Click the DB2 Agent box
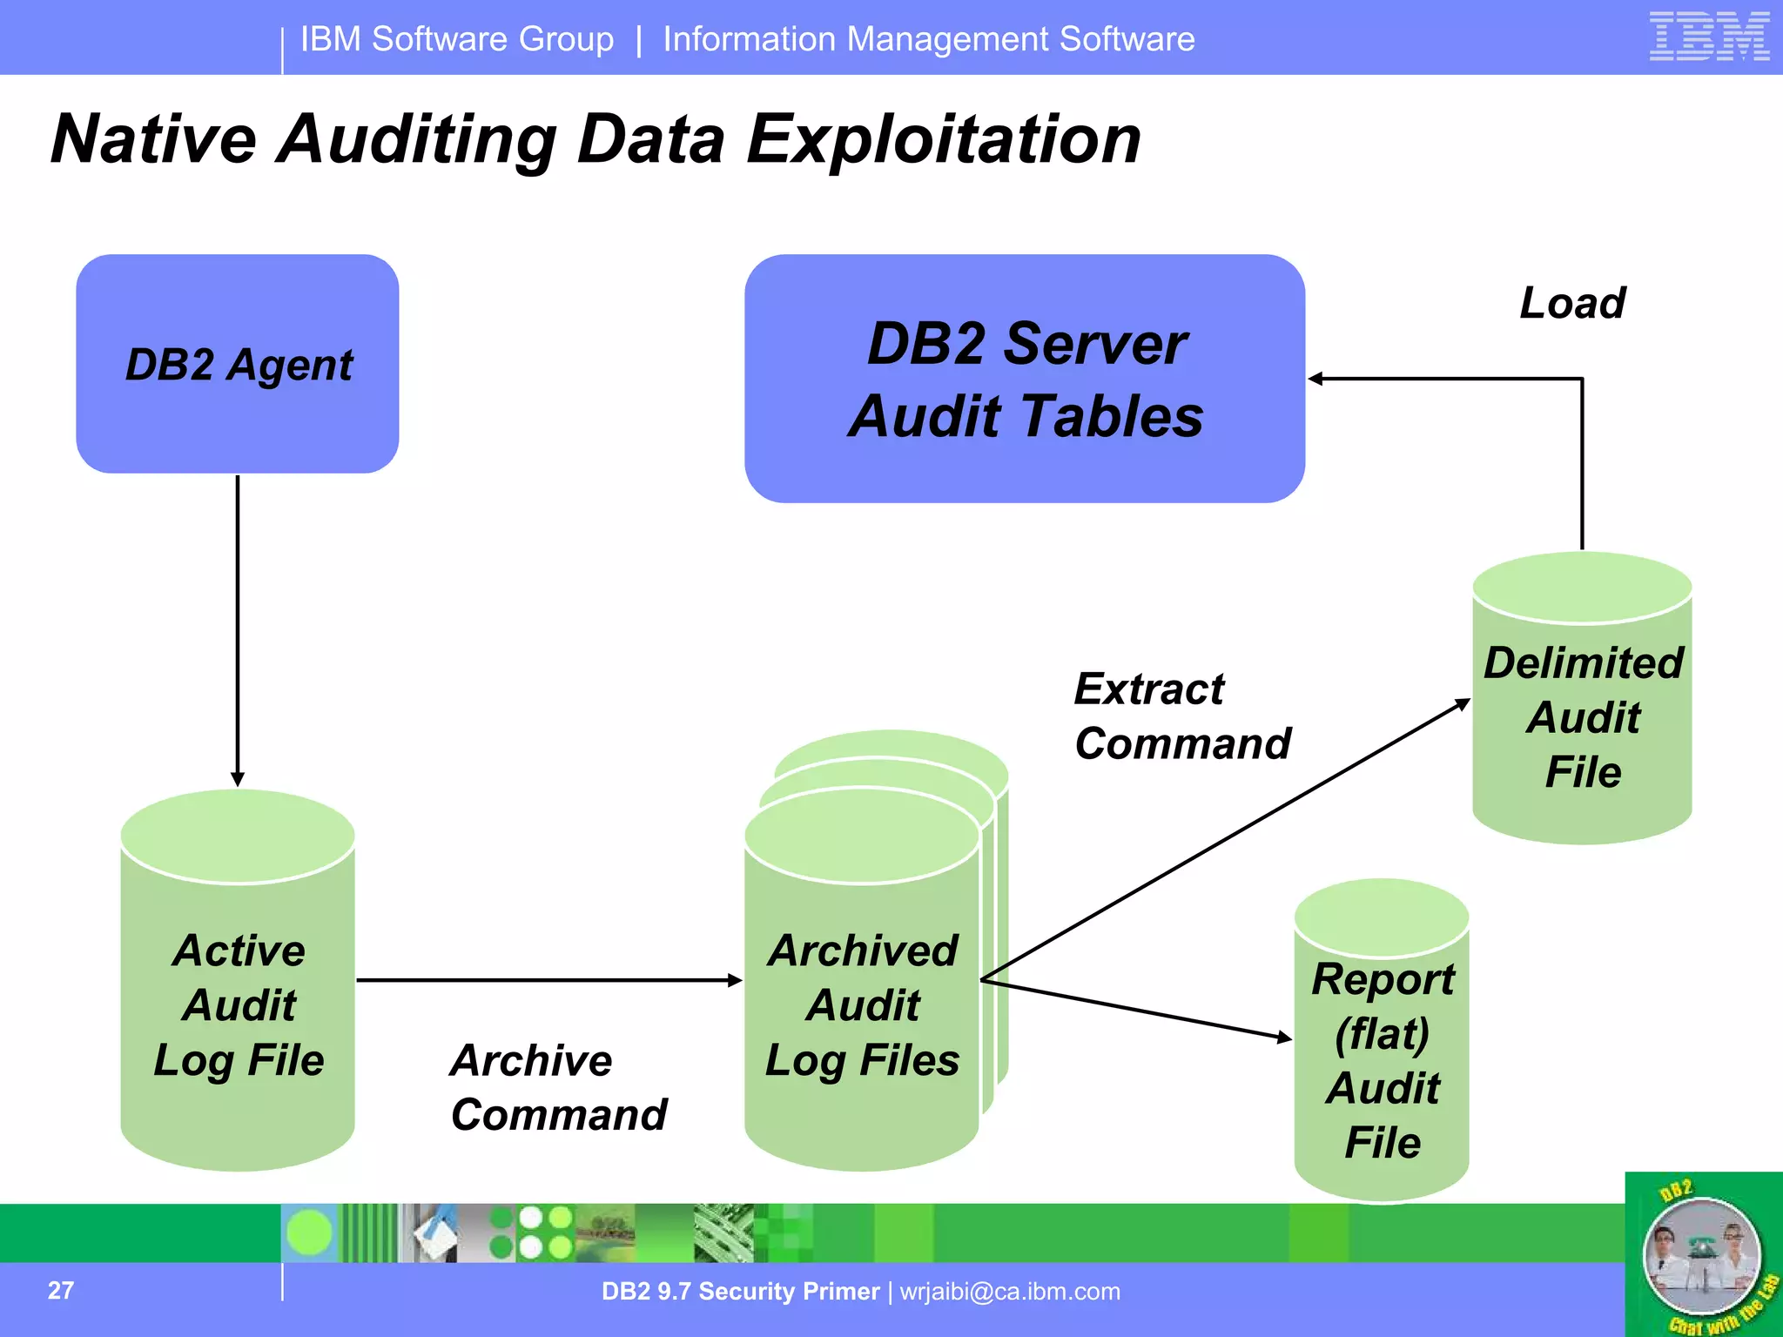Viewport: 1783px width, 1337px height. [x=238, y=364]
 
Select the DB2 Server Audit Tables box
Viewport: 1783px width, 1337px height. [x=1025, y=379]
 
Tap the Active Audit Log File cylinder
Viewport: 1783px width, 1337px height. [x=238, y=1001]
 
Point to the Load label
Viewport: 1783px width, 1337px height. [x=1572, y=303]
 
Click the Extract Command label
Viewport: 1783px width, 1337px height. [x=1181, y=716]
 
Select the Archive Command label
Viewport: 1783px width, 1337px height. [x=558, y=1087]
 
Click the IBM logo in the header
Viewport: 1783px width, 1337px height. [x=1709, y=37]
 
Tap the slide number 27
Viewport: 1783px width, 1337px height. [x=61, y=1290]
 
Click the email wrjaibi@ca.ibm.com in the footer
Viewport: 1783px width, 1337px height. [x=1010, y=1291]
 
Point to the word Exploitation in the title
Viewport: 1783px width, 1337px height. [x=944, y=139]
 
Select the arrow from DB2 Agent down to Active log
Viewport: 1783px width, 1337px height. [x=238, y=627]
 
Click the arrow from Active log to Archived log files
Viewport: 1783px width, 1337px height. [x=548, y=980]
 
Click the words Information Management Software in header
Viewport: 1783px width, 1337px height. [x=929, y=39]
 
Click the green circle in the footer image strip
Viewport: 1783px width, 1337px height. [x=309, y=1233]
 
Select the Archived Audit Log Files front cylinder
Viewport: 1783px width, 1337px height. [x=862, y=1001]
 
